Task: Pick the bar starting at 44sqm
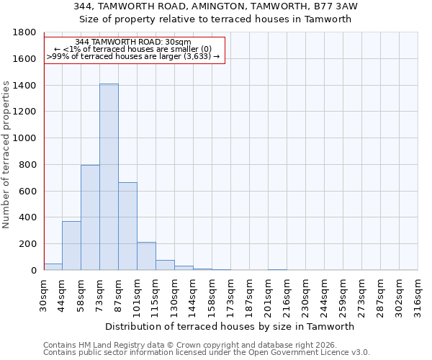(71, 246)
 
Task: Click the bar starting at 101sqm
(146, 256)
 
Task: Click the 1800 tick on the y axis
(25, 32)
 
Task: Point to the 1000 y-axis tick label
(25, 138)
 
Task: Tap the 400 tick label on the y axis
(28, 217)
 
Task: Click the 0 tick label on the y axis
(33, 271)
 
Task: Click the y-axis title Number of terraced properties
(6, 155)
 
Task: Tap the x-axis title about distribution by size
(230, 326)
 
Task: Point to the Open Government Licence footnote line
(207, 353)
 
